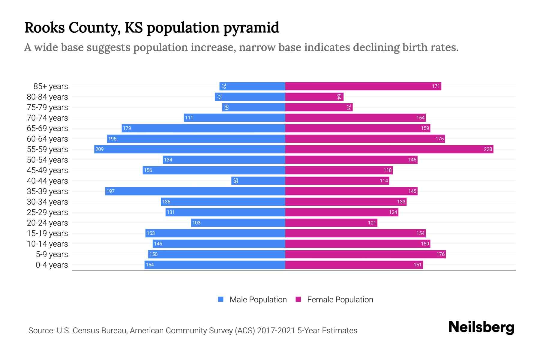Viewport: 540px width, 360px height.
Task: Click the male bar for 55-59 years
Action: tap(190, 149)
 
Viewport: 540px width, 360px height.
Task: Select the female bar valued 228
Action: tap(389, 149)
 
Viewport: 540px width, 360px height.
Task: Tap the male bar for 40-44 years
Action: tap(258, 181)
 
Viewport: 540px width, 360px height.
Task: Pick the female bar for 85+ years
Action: tap(363, 86)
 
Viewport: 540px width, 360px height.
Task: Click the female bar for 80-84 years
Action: tap(314, 97)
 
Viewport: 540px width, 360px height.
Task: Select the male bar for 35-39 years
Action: tap(195, 191)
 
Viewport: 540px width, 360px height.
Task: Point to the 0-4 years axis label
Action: tap(52, 265)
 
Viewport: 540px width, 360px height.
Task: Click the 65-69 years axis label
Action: tap(47, 128)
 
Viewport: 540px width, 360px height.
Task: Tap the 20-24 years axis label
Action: tap(47, 223)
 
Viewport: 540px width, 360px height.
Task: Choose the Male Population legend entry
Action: tap(258, 299)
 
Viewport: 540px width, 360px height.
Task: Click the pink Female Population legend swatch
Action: tap(298, 299)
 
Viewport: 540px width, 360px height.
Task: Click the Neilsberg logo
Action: tap(481, 327)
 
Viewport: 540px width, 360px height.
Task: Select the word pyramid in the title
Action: tap(251, 28)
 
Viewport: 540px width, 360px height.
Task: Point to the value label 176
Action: tap(440, 254)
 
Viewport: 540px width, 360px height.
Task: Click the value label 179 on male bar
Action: tap(127, 128)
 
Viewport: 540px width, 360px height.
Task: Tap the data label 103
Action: tap(196, 223)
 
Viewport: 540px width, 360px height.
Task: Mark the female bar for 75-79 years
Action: tap(319, 107)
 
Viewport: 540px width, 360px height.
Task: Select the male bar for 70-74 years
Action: tap(234, 118)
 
